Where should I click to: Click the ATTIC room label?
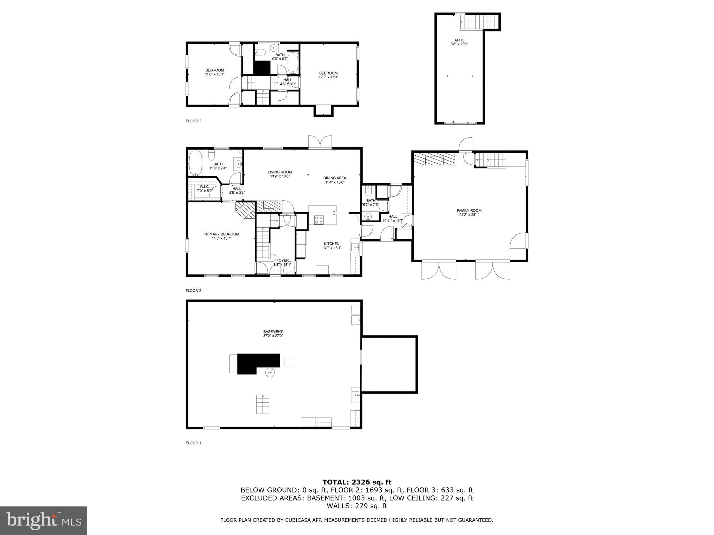click(459, 40)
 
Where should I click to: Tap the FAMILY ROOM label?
click(469, 210)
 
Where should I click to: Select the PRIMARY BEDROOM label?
click(221, 234)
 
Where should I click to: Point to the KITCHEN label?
click(331, 244)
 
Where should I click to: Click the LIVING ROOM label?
click(280, 172)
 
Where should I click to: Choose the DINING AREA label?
click(334, 178)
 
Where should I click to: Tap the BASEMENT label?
click(273, 332)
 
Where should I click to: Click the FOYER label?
click(282, 260)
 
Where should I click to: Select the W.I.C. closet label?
click(205, 187)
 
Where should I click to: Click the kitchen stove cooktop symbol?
click(319, 220)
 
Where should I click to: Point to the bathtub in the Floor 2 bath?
click(195, 163)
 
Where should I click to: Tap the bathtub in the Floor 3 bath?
click(294, 63)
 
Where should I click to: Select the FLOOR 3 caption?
click(193, 121)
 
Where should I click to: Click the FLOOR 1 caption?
click(193, 443)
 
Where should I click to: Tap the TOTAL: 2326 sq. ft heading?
click(357, 482)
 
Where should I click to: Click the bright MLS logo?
click(44, 520)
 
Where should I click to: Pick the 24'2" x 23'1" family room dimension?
click(469, 215)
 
